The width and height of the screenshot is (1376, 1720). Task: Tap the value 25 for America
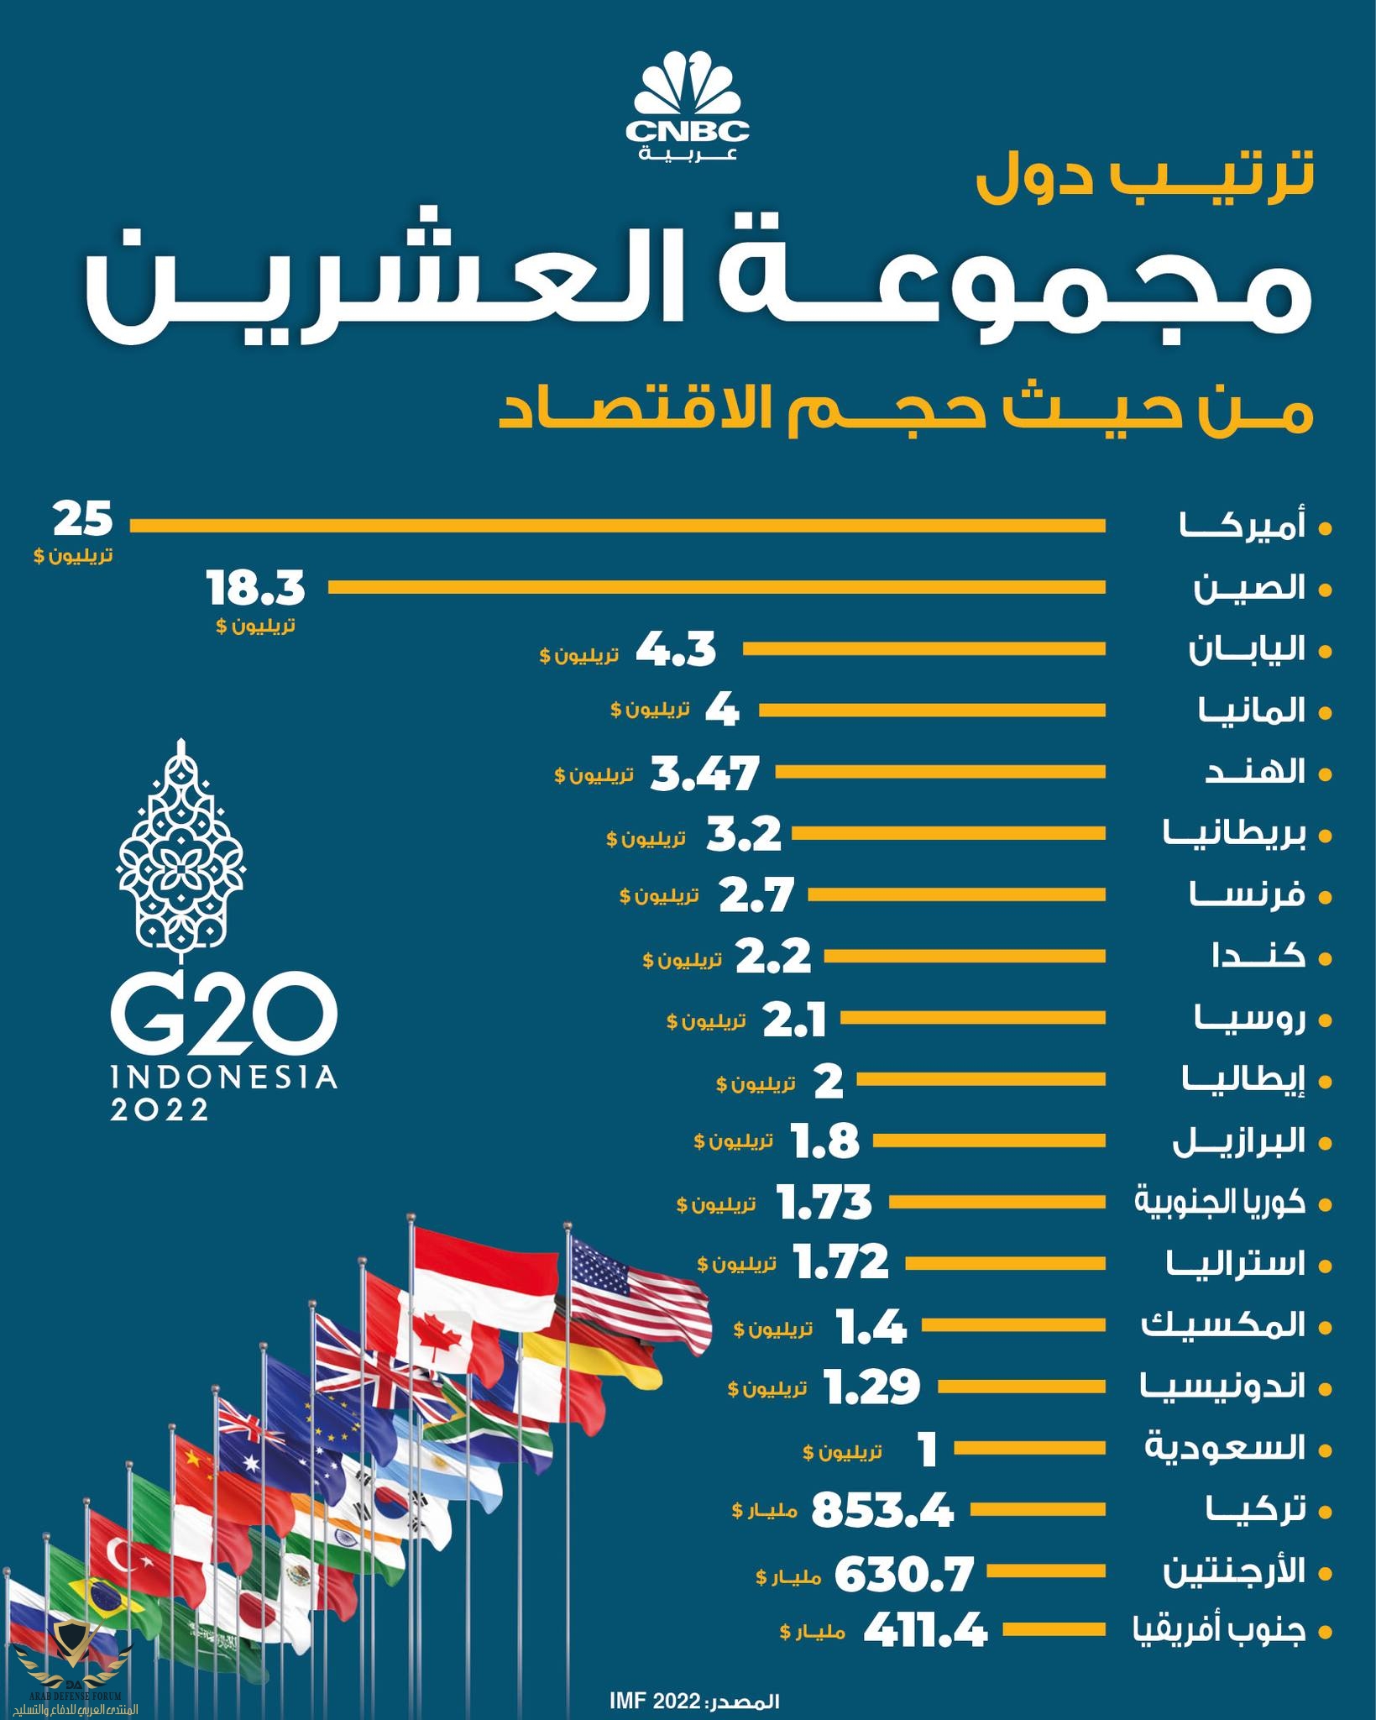tap(83, 520)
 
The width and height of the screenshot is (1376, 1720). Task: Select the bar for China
tap(715, 588)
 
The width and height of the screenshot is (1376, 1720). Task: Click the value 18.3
tap(255, 588)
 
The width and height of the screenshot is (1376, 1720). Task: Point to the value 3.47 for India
tap(705, 773)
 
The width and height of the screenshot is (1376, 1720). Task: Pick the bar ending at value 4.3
tap(923, 649)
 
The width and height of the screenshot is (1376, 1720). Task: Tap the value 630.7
tap(903, 1573)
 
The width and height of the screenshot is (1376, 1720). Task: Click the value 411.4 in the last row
tap(925, 1632)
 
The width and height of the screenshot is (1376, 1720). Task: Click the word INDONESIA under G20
tap(223, 1078)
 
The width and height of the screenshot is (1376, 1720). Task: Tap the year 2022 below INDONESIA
tap(160, 1110)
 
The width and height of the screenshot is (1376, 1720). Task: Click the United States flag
tap(613, 1285)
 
